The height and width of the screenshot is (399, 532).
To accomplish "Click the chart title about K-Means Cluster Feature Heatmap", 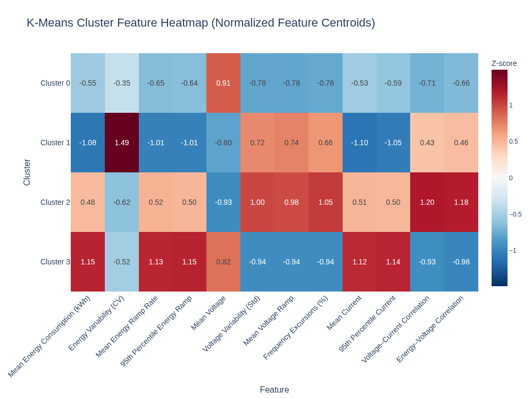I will point(201,23).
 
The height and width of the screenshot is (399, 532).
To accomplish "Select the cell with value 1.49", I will point(122,143).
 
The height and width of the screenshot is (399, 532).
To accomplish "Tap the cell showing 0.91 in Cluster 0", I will point(223,83).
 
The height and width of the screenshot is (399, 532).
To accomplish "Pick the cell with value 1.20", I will point(427,202).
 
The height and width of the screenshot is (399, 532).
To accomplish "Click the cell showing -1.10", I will point(360,143).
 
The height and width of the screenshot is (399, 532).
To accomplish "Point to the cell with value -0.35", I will point(122,83).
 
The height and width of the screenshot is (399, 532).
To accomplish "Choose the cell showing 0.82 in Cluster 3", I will point(223,262).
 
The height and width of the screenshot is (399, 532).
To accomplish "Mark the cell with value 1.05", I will point(326,202).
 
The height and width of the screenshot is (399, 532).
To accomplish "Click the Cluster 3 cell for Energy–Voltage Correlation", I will point(461,262).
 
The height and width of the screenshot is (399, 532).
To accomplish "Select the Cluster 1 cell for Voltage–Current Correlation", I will point(427,143).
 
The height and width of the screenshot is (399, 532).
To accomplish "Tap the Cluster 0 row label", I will point(55,83).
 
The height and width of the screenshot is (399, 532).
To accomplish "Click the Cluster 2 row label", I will point(55,202).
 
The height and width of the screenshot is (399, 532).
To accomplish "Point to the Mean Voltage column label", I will point(209,313).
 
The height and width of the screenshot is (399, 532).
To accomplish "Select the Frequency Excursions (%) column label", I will point(296,327).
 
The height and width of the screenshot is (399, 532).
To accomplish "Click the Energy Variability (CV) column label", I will point(96,323).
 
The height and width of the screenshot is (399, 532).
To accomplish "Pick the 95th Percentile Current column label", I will point(367,323).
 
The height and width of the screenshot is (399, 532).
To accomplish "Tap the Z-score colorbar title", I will point(504,63).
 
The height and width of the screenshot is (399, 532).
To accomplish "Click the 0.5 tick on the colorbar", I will point(513,142).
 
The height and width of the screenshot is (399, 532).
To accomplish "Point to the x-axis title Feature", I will point(274,389).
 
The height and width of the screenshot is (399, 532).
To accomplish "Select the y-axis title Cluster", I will point(27,172).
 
